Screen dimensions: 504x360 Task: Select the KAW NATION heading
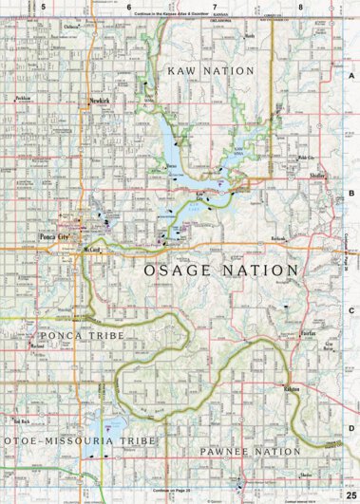pos(211,71)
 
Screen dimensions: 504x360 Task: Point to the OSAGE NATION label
pos(221,271)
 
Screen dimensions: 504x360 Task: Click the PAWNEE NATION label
pos(237,452)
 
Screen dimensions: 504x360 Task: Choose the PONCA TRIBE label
pos(78,335)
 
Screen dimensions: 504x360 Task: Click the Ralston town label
pos(291,389)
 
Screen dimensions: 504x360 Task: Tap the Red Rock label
pos(22,420)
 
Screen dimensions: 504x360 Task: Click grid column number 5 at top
pos(43,7)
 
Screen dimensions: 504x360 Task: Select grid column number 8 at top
pos(301,7)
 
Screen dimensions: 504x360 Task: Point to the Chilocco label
pos(69,28)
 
